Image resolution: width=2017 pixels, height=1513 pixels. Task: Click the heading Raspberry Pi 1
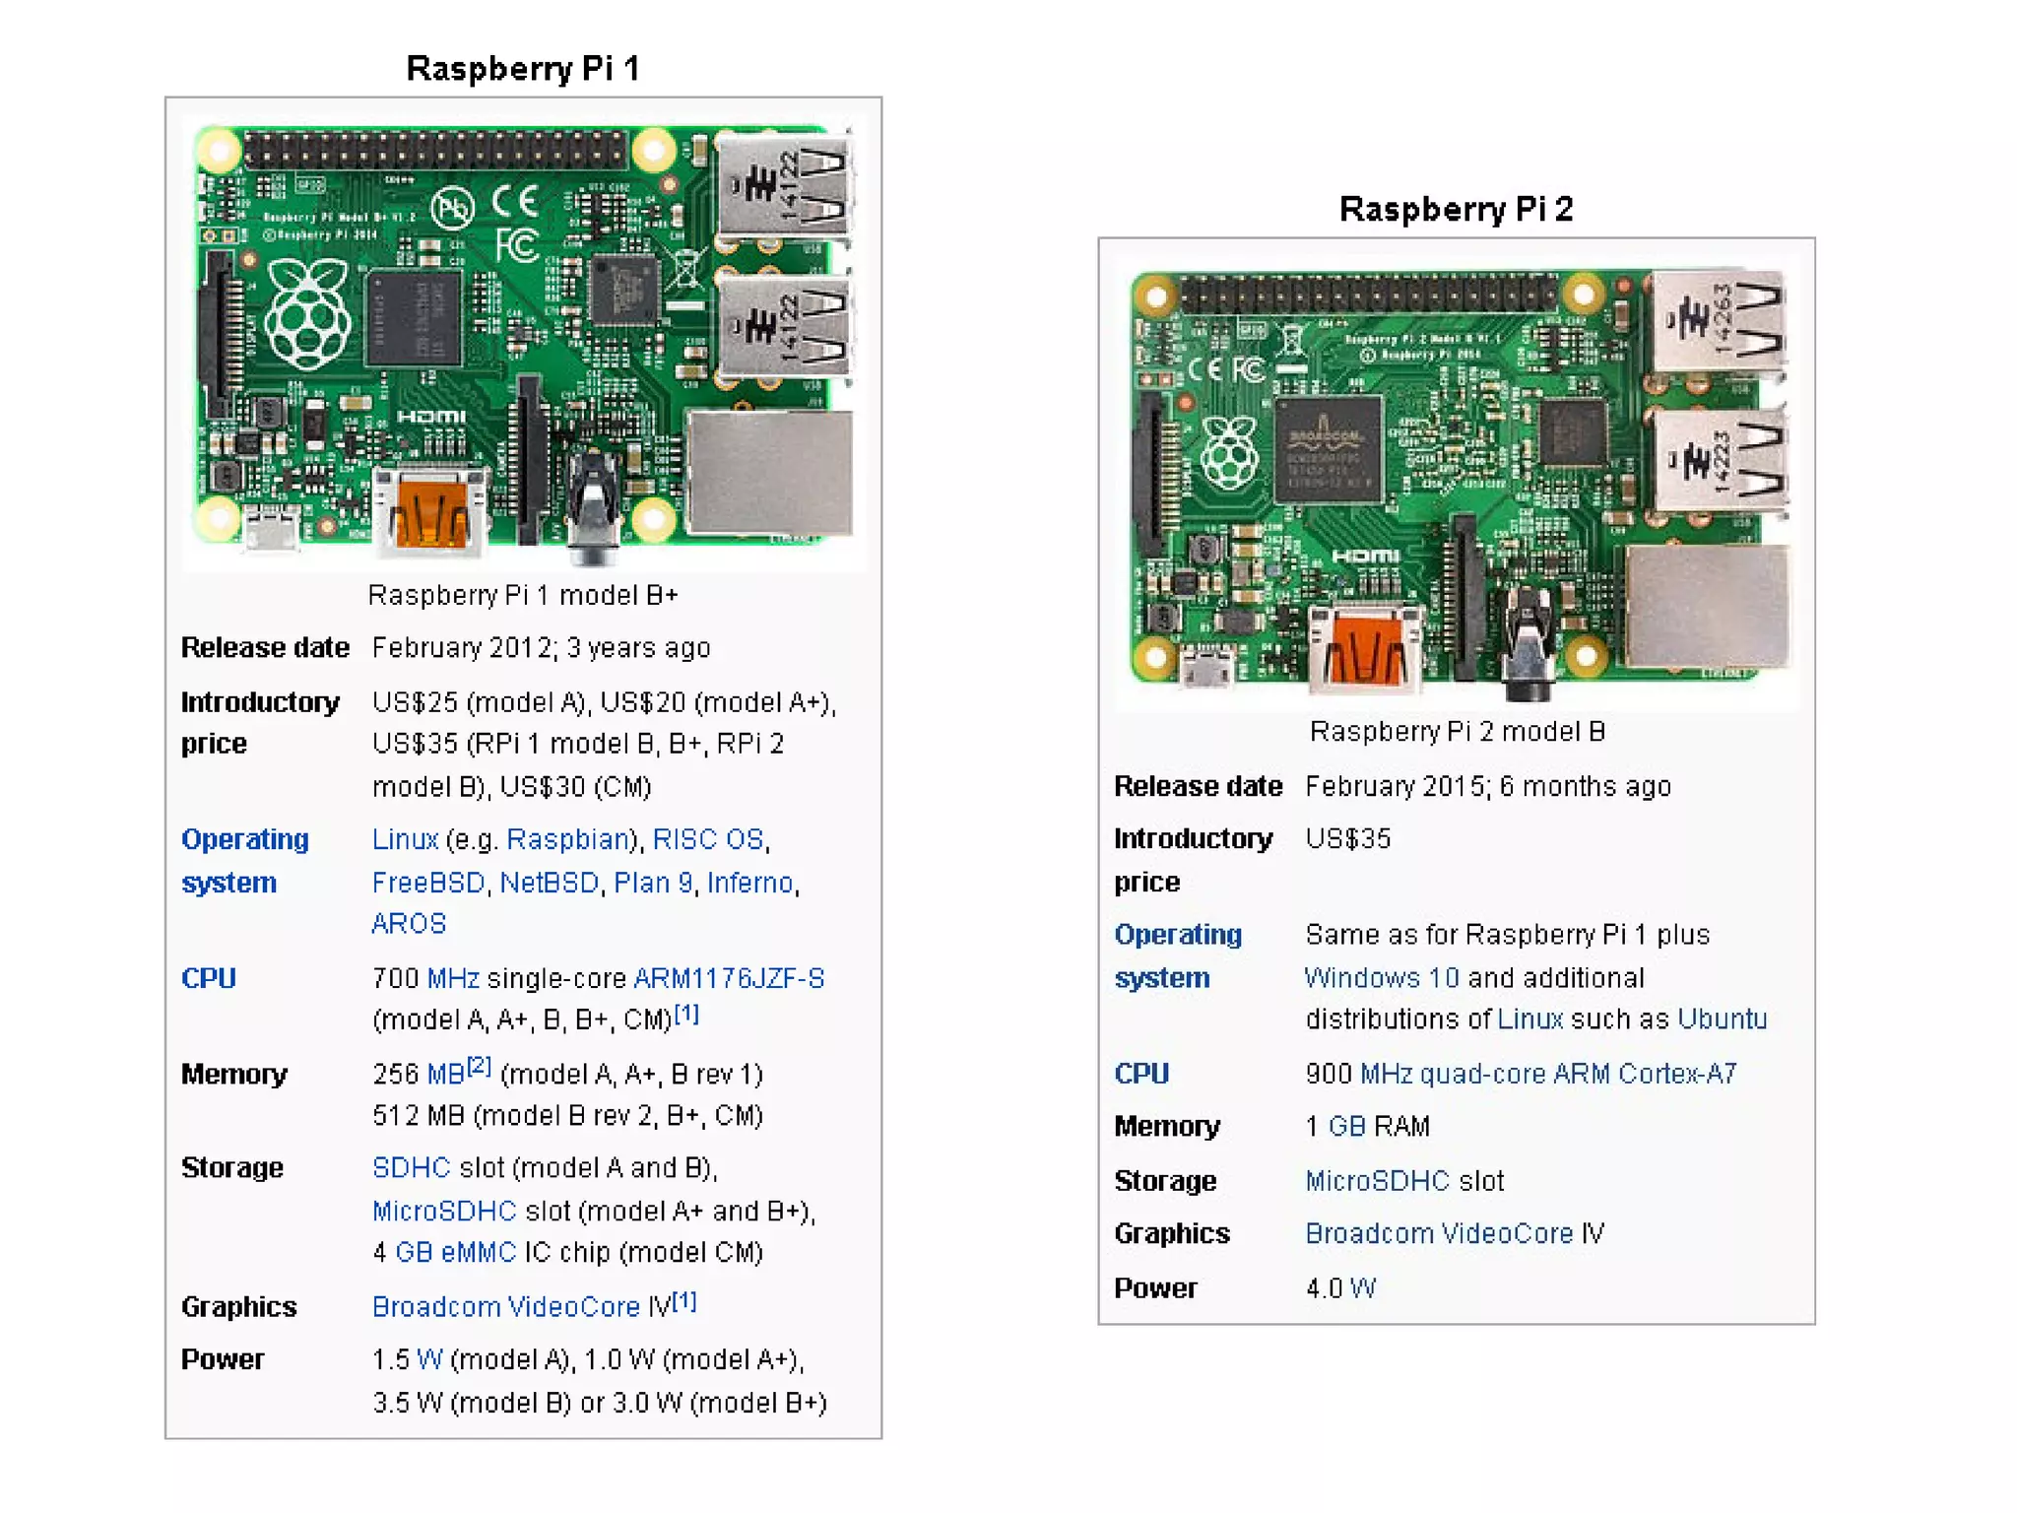(x=523, y=69)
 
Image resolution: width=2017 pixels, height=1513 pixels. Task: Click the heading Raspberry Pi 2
(x=1456, y=210)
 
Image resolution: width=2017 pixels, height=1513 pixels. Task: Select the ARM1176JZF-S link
(x=729, y=978)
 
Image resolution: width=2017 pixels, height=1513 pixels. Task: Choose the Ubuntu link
(x=1723, y=1020)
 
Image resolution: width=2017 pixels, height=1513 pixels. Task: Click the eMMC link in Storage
(x=479, y=1253)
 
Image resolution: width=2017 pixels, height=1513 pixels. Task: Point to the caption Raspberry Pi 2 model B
(x=1457, y=732)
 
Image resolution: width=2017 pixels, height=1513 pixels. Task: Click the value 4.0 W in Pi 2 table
(x=1339, y=1288)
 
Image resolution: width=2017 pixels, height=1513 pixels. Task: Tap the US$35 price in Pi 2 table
(x=1347, y=839)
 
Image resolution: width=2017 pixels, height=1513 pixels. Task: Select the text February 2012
(x=461, y=648)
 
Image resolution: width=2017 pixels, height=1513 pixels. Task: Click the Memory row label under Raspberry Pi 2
(x=1166, y=1127)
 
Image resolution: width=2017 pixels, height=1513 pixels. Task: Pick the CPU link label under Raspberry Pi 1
(x=209, y=979)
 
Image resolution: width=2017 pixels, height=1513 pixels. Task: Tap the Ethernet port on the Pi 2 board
(x=1706, y=606)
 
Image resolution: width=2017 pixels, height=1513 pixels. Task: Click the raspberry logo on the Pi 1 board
(x=308, y=313)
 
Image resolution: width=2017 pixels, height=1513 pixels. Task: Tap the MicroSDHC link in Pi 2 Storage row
(x=1377, y=1181)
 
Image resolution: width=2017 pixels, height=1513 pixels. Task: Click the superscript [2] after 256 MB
(x=480, y=1066)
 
